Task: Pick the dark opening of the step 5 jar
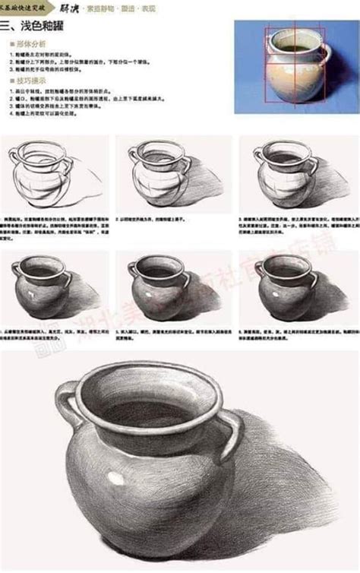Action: (x=160, y=271)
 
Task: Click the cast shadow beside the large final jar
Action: (x=289, y=486)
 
